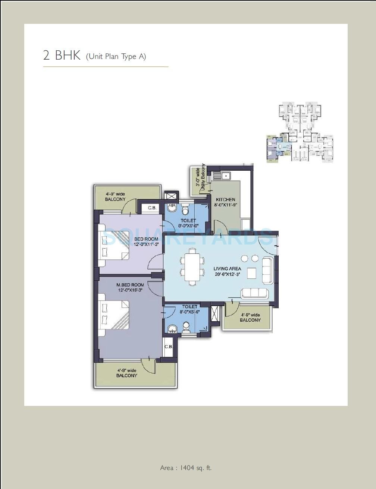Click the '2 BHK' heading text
click(x=62, y=55)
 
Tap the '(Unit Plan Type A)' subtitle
click(x=116, y=57)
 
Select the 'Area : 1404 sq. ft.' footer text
click(x=186, y=468)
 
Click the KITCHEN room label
click(x=225, y=199)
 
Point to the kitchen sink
click(x=222, y=176)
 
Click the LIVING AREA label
click(x=227, y=268)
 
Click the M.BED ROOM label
click(x=130, y=285)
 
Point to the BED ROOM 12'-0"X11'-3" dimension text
click(x=146, y=245)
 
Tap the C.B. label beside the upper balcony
click(x=152, y=208)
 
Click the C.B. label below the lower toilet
click(x=169, y=346)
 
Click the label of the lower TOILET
click(x=189, y=306)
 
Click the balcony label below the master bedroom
click(x=126, y=373)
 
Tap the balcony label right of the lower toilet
click(x=250, y=318)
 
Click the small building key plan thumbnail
click(x=300, y=132)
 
